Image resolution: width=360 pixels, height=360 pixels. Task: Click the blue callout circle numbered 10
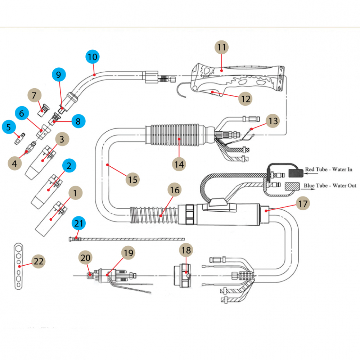(x=92, y=57)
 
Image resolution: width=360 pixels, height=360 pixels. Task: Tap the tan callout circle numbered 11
(x=221, y=47)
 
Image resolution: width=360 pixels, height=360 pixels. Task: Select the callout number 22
(x=39, y=261)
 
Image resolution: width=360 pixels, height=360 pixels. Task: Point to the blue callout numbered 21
(x=78, y=223)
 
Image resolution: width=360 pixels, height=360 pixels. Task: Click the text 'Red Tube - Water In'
(x=329, y=170)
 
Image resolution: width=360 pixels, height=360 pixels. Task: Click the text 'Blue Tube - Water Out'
(x=330, y=185)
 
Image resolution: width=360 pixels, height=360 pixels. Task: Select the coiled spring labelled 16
(x=154, y=215)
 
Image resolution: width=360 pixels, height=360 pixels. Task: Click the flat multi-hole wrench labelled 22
(x=18, y=266)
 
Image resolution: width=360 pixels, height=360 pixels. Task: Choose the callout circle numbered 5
(x=9, y=127)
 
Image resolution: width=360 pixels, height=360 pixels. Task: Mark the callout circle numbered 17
(x=303, y=203)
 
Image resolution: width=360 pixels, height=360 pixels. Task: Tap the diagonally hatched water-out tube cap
(x=292, y=186)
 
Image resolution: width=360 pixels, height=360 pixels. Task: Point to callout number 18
(x=186, y=250)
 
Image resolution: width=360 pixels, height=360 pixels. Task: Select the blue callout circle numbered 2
(x=69, y=166)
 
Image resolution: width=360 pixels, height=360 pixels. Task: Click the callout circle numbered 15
(x=133, y=180)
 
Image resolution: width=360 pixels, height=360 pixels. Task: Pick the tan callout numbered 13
(x=273, y=121)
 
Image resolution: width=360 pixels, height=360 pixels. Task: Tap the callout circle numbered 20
(x=85, y=258)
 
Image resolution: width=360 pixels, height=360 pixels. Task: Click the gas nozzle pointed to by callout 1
(x=51, y=219)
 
